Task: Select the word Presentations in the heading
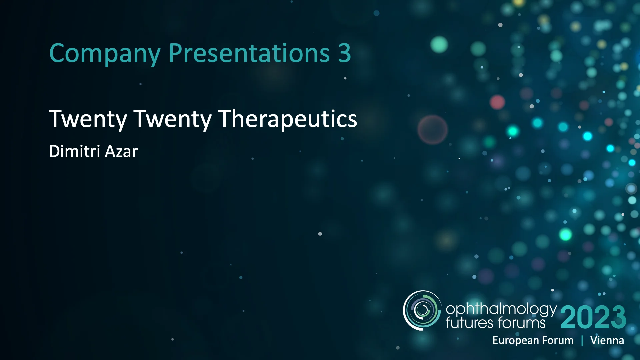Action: coord(249,53)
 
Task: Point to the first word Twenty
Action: coord(88,119)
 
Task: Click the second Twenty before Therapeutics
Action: coord(172,119)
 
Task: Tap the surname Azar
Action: coord(121,151)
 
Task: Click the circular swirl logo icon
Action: coord(422,310)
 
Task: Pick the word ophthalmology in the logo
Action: coord(501,310)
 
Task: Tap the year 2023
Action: coord(593,317)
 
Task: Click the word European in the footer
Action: coord(516,340)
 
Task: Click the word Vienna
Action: coord(607,340)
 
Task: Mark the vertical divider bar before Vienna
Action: coord(582,341)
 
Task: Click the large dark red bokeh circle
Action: coord(433,130)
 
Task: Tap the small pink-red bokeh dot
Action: coord(497,102)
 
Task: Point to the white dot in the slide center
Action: coord(320,234)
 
